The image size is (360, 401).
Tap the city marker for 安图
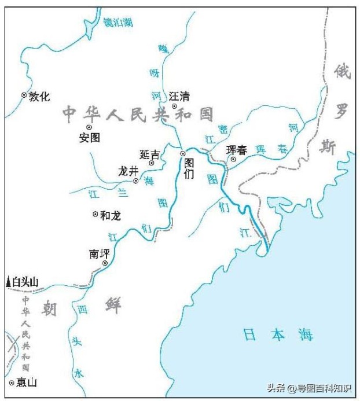[89, 127]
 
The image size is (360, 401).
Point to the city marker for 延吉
[152, 163]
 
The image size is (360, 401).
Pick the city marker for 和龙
[95, 214]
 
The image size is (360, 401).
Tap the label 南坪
[99, 253]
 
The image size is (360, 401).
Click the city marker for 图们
[182, 153]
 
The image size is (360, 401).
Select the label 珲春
[237, 150]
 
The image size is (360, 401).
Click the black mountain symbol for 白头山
[8, 282]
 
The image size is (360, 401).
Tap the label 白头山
[25, 282]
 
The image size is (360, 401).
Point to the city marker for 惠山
[11, 382]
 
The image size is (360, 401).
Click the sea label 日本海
[278, 334]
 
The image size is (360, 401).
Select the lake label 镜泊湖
[117, 23]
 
